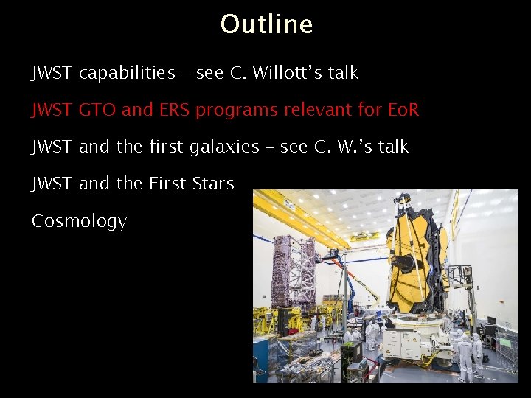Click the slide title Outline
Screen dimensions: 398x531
tap(266, 24)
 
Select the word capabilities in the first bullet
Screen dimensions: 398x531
tap(127, 74)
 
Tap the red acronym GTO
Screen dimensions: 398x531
tap(97, 111)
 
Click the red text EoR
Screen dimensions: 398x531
tap(403, 111)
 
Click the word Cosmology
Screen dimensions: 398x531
tap(79, 221)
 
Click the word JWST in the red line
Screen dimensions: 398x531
tap(52, 111)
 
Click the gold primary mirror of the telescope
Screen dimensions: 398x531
tap(417, 258)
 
